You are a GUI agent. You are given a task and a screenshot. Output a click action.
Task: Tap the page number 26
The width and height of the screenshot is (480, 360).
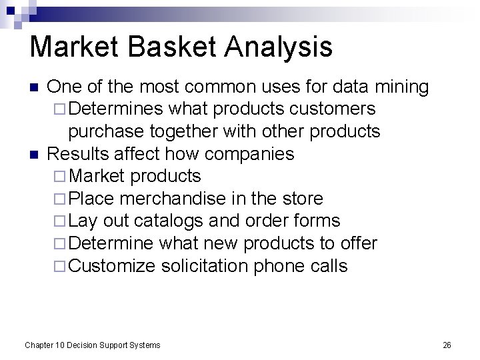[x=447, y=345]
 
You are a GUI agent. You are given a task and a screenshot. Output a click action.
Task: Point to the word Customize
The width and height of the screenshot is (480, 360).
[x=112, y=266]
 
